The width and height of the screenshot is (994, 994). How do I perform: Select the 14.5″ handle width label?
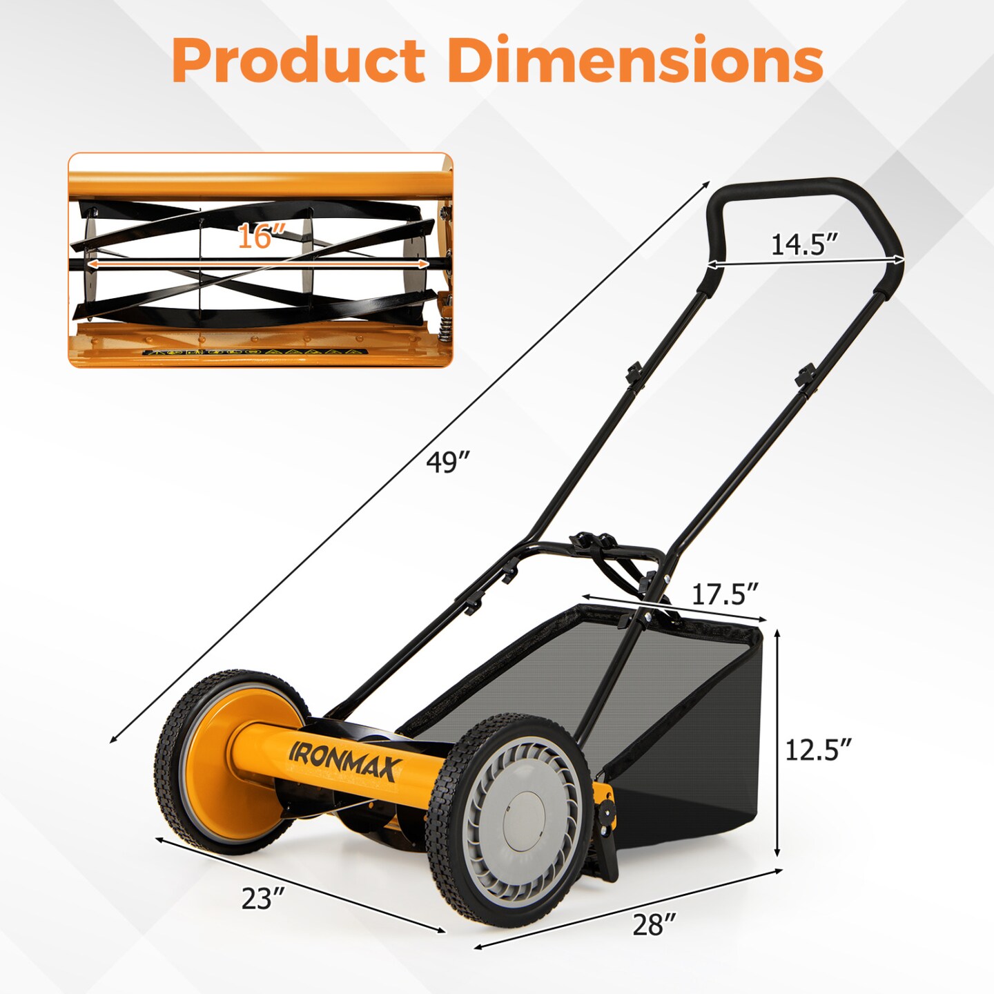coord(804,244)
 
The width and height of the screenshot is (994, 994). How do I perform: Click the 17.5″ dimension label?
coord(725,594)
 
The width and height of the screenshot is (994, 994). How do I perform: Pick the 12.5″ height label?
coord(818,750)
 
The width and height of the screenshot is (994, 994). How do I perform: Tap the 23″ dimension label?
coord(263,898)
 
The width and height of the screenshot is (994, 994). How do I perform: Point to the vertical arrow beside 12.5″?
coord(778,742)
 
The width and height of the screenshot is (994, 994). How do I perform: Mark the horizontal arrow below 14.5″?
coord(805,262)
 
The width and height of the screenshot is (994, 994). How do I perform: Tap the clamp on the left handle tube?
coord(634,373)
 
